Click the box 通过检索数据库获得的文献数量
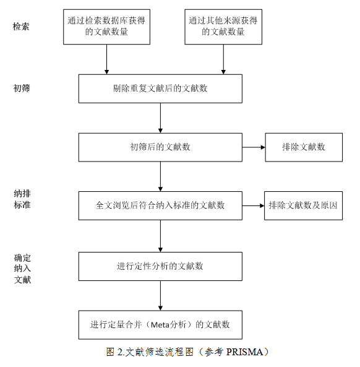106,27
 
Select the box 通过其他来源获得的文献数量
223,27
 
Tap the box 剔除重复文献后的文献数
160,89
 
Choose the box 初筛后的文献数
160,147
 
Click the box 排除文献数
304,147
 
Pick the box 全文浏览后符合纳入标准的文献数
160,205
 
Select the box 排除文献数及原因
303,205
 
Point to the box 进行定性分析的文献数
160,266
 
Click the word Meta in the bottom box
160,325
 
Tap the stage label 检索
21,27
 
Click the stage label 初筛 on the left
22,89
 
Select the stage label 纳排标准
22,199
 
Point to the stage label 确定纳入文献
22,269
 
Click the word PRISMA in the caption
245,352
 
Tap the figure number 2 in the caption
120,352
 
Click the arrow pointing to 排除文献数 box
254,147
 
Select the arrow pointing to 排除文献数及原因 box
253,205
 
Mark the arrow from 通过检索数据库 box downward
106,59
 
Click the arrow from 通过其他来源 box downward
223,59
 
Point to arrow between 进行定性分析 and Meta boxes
160,296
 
